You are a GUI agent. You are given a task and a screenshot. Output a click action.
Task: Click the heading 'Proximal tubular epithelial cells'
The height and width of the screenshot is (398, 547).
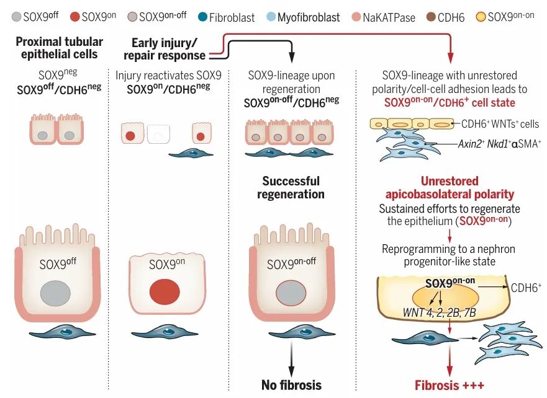[x=60, y=48]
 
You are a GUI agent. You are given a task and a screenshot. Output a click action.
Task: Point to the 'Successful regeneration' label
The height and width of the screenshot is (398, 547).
[x=291, y=188]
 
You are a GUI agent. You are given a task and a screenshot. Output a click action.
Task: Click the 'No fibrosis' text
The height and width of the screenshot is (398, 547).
[x=291, y=385]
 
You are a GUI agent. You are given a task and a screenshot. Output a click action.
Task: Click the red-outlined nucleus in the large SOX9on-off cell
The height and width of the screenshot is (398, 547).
[x=291, y=293]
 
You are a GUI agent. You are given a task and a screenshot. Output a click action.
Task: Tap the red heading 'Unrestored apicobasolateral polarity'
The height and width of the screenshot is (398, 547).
[x=450, y=188]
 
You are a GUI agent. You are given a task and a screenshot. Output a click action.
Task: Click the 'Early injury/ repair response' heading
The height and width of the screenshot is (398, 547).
[x=165, y=49]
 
